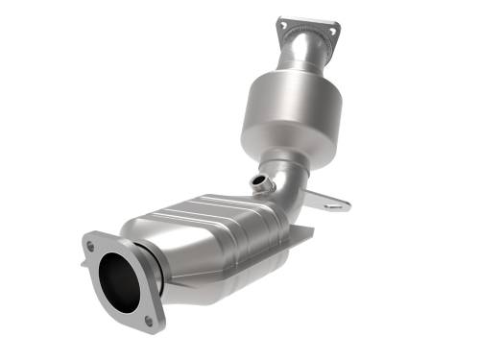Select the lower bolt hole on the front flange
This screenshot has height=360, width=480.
point(148,319)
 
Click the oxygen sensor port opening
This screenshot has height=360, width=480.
point(256,180)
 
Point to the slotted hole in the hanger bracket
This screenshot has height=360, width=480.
point(333,204)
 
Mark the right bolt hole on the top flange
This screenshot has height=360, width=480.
point(332,30)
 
